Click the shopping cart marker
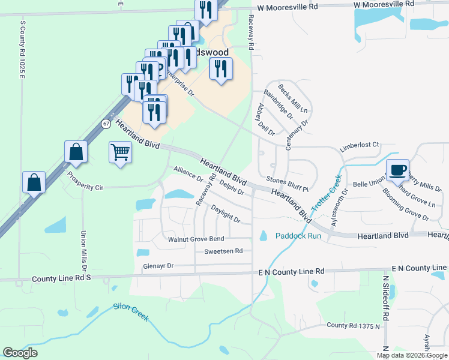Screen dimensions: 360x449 (x=120, y=153)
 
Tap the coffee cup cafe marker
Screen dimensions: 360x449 (x=397, y=170)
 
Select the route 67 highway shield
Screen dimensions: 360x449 (x=106, y=124)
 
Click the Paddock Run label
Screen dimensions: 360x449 (x=298, y=236)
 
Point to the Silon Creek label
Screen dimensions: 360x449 (x=131, y=313)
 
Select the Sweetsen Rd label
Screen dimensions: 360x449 (x=223, y=251)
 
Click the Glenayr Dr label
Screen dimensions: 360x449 (x=158, y=265)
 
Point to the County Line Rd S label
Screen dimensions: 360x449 (x=61, y=279)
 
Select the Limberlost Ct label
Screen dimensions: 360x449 (x=360, y=145)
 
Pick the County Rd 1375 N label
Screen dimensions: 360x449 (x=354, y=325)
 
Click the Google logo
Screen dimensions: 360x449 (x=20, y=353)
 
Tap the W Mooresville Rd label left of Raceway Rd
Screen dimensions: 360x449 (x=287, y=8)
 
